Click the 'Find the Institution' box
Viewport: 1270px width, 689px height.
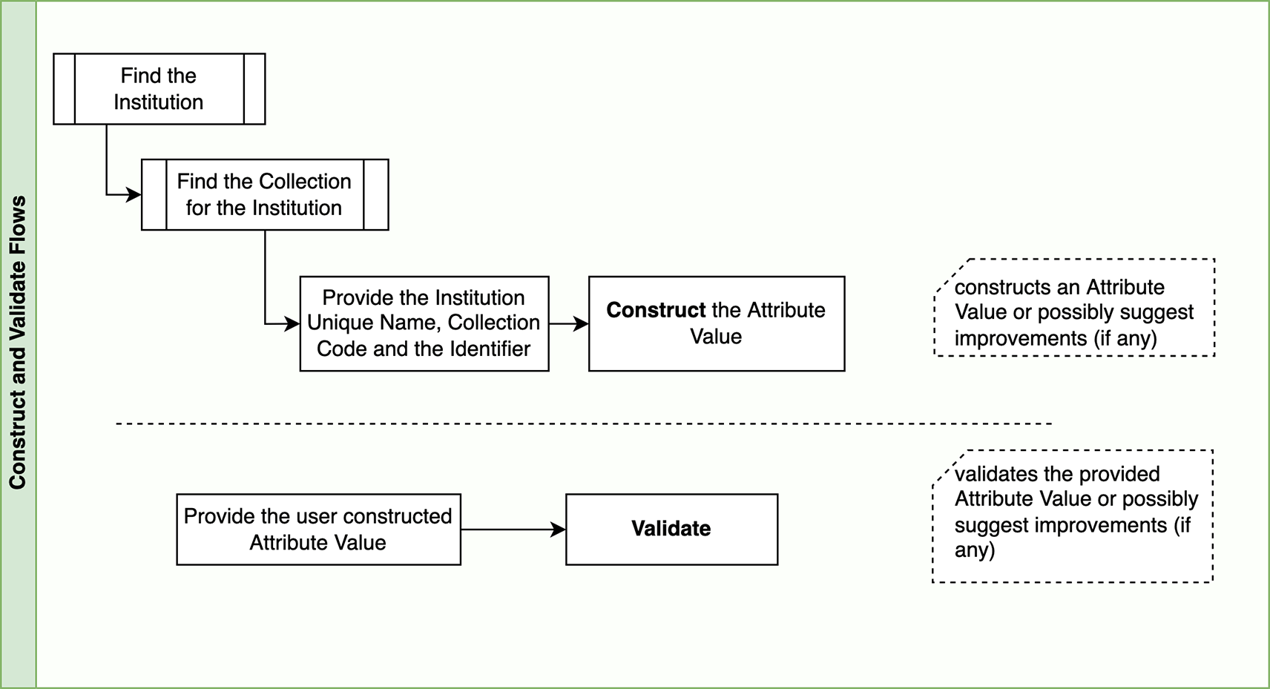tap(159, 89)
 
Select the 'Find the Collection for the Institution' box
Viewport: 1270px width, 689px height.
tap(264, 194)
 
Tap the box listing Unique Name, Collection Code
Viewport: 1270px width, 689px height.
tap(424, 323)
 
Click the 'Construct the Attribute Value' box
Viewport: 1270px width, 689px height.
tap(716, 324)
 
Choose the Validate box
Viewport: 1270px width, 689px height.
tap(671, 530)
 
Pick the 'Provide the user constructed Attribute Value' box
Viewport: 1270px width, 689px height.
tap(318, 530)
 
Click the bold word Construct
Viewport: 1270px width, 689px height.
tap(655, 310)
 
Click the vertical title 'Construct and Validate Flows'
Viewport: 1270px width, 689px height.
tap(18, 343)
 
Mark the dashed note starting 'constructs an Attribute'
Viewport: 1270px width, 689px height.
tap(1073, 308)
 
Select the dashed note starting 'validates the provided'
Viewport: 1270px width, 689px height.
tap(1073, 516)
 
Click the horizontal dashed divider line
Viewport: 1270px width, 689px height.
tap(583, 423)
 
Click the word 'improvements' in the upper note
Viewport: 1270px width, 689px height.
tap(1020, 338)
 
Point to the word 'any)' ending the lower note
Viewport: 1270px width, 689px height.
tap(974, 550)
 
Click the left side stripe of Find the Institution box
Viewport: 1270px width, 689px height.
tap(65, 89)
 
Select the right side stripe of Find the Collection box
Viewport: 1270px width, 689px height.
tap(376, 194)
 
